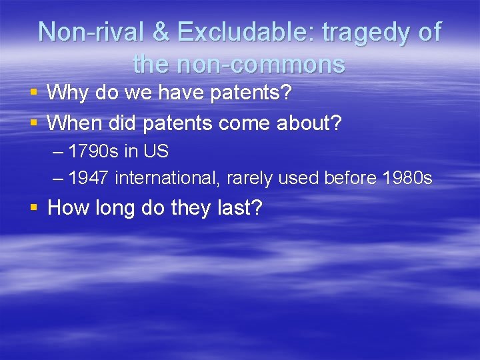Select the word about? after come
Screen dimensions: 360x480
[x=309, y=123]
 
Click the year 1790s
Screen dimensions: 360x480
[x=95, y=151]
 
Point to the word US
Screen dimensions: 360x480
[x=155, y=151]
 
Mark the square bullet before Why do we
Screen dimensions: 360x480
[x=33, y=93]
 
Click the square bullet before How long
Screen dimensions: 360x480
[x=33, y=209]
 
